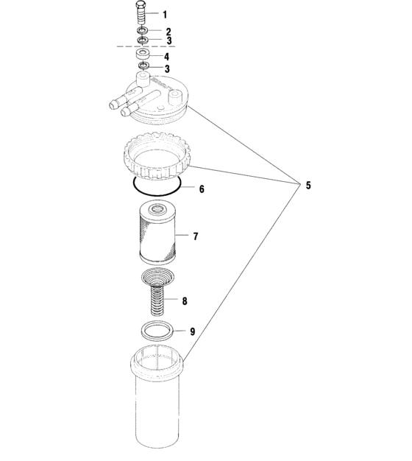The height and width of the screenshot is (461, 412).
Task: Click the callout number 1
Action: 165,15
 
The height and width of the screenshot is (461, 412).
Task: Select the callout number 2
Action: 168,32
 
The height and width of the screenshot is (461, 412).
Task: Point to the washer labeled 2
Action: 143,30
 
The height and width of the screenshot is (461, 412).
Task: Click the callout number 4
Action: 166,57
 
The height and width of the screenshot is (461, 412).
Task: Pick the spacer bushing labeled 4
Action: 143,55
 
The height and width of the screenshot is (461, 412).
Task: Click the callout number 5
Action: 308,186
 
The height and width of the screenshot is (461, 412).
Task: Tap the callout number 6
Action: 202,189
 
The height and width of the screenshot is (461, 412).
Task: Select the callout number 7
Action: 196,236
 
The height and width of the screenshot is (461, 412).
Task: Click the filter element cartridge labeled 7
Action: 157,231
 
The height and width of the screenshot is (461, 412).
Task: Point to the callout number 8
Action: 185,301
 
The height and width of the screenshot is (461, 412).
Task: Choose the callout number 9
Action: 192,331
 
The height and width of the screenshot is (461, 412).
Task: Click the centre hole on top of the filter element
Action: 156,209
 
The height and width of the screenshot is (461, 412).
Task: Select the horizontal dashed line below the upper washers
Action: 146,46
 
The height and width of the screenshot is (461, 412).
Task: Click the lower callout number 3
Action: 167,68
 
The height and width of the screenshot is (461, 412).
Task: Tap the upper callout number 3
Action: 169,41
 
